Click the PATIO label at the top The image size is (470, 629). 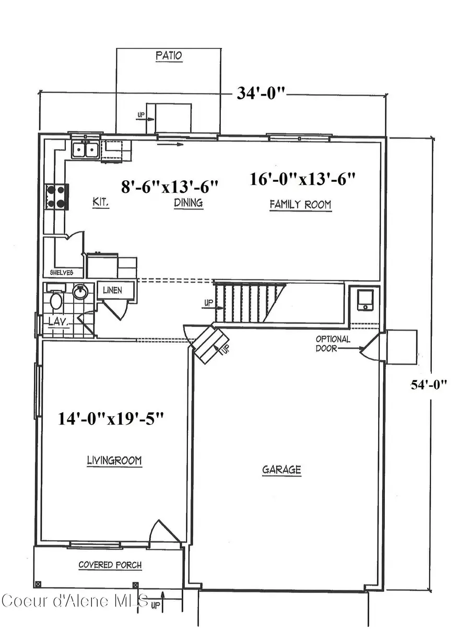[169, 55]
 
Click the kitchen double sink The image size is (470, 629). [85, 150]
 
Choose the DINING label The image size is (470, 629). [188, 203]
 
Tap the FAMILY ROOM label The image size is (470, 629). [300, 204]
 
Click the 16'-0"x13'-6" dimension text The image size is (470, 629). [302, 179]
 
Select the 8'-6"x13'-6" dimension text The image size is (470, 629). [169, 186]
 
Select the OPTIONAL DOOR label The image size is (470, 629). [333, 344]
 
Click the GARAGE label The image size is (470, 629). [281, 470]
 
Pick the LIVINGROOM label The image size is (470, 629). [114, 461]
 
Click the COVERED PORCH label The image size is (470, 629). [110, 565]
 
